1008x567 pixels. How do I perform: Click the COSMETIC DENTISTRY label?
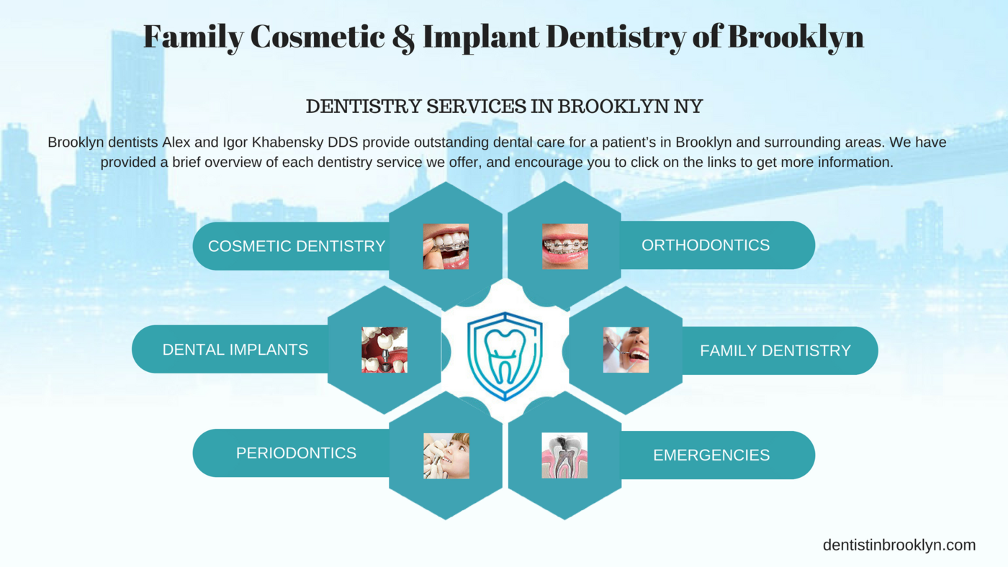click(x=297, y=246)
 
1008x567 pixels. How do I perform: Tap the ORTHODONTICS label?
click(x=706, y=245)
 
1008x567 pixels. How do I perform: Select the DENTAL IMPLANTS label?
click(x=235, y=350)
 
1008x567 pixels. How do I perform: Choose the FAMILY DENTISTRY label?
click(x=775, y=350)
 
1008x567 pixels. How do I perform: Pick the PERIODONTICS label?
click(x=296, y=453)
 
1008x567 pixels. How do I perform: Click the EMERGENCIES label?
click(x=711, y=455)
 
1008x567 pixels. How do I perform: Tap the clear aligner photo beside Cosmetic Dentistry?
click(x=446, y=246)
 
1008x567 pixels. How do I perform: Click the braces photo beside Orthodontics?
click(x=564, y=246)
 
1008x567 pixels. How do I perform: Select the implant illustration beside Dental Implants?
click(x=384, y=350)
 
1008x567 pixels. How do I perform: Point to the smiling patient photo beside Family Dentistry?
click(x=626, y=350)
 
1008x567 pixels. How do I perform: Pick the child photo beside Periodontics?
click(x=446, y=456)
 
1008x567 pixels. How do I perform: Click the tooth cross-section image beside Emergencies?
click(x=564, y=455)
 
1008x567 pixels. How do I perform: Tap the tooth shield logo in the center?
click(x=505, y=356)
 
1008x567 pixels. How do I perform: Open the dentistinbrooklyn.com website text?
click(x=899, y=545)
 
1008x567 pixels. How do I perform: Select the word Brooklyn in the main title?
click(x=796, y=37)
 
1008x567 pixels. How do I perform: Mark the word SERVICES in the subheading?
click(x=476, y=106)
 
